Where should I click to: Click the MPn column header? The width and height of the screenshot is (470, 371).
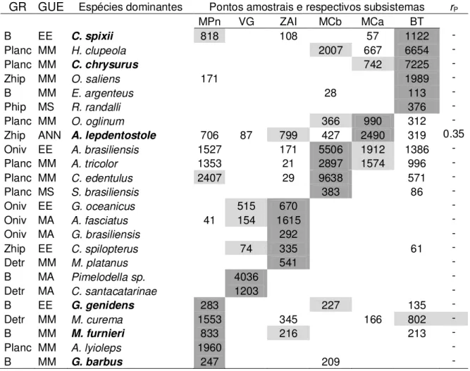[x=209, y=22]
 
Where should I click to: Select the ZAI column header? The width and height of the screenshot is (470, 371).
[x=288, y=22]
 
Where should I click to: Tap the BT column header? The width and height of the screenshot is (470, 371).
[x=416, y=22]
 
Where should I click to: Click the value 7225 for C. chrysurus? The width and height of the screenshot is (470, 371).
[x=416, y=64]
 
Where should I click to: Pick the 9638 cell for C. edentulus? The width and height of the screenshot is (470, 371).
[x=330, y=178]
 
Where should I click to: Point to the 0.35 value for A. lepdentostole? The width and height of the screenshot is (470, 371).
[x=454, y=134]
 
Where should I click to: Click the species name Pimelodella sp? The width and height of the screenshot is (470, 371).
[x=109, y=277]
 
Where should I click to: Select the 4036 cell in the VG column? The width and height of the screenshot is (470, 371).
[x=246, y=277]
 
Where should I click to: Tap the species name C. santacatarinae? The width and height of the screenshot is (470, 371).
[x=114, y=291]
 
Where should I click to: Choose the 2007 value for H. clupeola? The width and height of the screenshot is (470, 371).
[x=330, y=50]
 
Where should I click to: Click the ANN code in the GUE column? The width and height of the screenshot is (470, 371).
[x=49, y=135]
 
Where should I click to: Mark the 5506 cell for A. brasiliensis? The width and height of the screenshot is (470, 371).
[x=330, y=149]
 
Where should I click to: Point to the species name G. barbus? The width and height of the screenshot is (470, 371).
[x=97, y=362]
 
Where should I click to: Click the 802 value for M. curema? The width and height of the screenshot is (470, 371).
[x=416, y=319]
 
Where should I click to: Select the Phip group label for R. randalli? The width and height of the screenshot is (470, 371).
[x=15, y=107]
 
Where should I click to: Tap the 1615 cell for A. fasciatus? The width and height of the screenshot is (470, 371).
[x=288, y=220]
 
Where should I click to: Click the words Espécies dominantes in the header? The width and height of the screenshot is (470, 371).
[x=130, y=7]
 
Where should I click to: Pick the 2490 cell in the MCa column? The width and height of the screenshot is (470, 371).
[x=372, y=135]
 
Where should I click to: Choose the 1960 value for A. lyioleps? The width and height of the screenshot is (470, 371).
[x=209, y=348]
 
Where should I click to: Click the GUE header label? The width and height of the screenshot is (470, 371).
[x=51, y=6]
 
